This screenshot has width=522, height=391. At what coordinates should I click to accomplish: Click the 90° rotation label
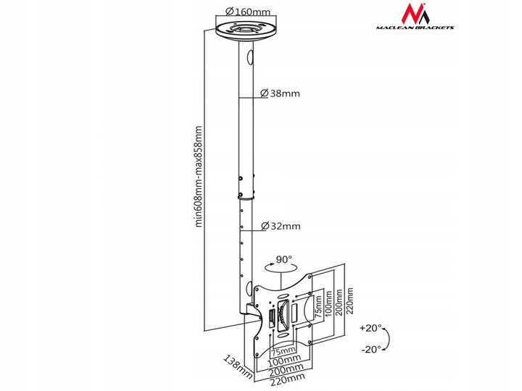tap(283, 258)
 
